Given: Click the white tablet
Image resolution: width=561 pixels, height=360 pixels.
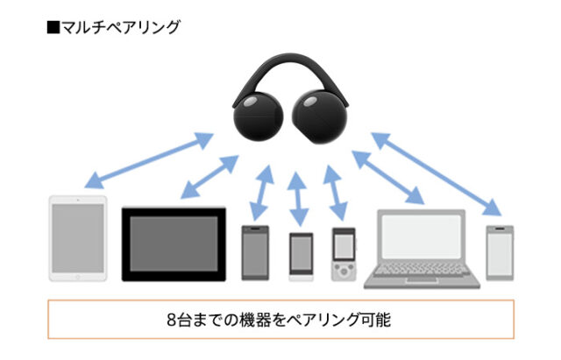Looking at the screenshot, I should point(77,238).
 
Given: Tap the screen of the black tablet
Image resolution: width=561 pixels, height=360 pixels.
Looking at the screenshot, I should point(173,244).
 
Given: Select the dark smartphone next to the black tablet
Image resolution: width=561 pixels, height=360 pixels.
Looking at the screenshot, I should point(255,252).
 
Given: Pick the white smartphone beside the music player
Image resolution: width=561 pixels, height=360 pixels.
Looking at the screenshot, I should point(301,257).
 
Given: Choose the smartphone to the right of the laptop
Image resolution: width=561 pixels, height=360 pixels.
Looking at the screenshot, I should point(499,252).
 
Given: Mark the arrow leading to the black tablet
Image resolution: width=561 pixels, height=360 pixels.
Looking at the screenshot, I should point(209,175).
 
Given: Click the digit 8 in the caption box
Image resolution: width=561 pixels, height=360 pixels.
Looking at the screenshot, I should point(170,319).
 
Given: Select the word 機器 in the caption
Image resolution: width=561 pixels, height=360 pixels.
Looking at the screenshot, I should point(262,319).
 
